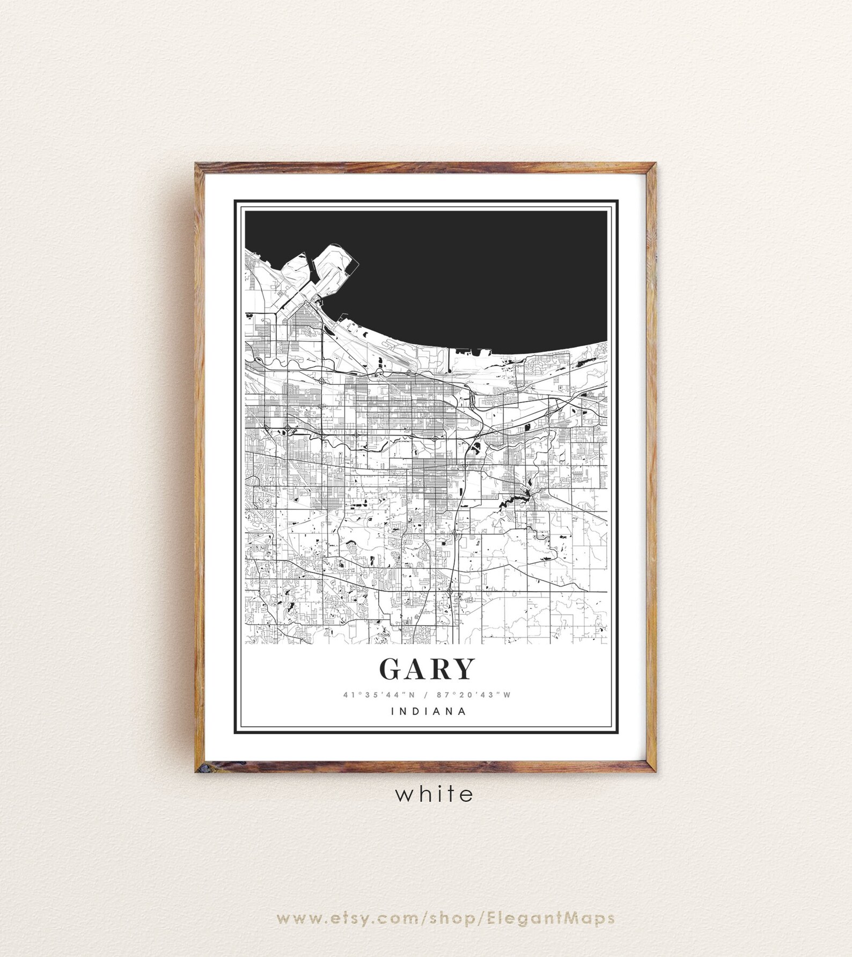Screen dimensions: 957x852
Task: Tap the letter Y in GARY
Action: pyautogui.click(x=463, y=669)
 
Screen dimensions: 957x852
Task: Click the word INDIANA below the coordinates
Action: pyautogui.click(x=429, y=712)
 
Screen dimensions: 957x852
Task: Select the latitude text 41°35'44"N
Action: pyautogui.click(x=379, y=695)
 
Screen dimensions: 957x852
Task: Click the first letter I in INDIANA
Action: pyautogui.click(x=394, y=712)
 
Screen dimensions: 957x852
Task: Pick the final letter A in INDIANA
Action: pyautogui.click(x=461, y=712)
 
